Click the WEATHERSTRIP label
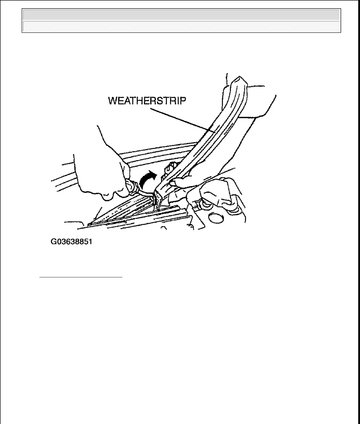[147, 101]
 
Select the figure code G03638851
[71, 242]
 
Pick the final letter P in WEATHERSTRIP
[183, 101]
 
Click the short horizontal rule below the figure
[81, 277]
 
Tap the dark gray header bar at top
[181, 15]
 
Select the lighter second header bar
[181, 26]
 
